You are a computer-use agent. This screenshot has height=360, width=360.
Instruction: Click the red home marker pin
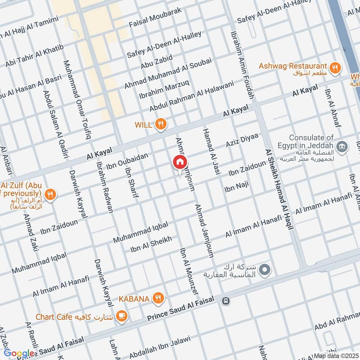[180, 162]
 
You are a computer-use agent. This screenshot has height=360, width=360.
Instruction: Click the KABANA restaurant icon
[157, 297]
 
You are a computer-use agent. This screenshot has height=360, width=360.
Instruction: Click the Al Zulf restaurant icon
[51, 195]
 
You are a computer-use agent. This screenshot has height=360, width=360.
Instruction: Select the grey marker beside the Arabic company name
[265, 270]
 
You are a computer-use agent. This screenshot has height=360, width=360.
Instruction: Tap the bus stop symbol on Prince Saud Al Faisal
[226, 301]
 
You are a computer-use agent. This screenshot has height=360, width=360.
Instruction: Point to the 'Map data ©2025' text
[336, 355]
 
